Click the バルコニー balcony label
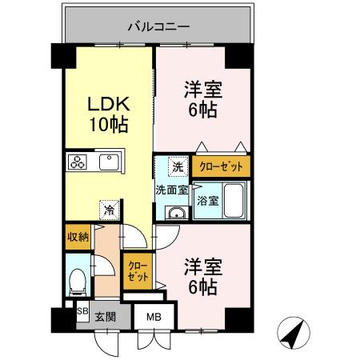[x=158, y=26]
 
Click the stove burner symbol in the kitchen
[x=78, y=162]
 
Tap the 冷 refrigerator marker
[x=107, y=210]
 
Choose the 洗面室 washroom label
[x=171, y=190]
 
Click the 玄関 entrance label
[x=105, y=316]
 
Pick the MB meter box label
[x=153, y=316]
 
